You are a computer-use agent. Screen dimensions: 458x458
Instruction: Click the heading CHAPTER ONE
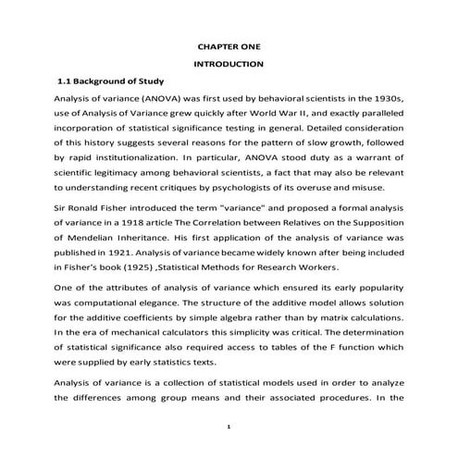tap(229, 44)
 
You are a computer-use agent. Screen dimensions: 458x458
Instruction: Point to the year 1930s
tap(388, 99)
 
